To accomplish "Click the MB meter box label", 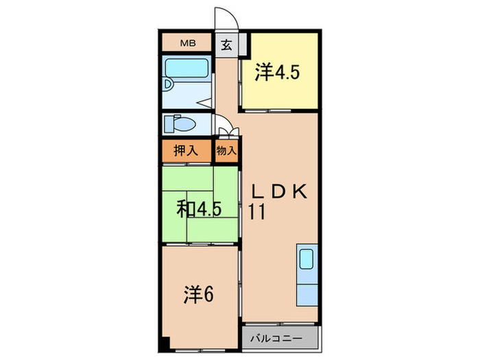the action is click(x=188, y=43).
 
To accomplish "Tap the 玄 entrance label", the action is click(x=226, y=45).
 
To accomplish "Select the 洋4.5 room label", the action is click(x=277, y=72).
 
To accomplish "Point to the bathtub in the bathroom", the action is click(x=187, y=68).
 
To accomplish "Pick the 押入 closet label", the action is click(x=186, y=151).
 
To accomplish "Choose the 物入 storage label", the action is click(x=226, y=151).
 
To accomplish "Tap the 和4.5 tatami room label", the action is click(x=199, y=209).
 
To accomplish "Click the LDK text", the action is click(x=279, y=192).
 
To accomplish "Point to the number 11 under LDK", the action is click(x=256, y=212).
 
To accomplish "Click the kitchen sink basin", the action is click(x=306, y=259).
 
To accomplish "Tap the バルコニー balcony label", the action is click(x=276, y=339).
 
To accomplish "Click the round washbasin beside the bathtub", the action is click(x=167, y=84).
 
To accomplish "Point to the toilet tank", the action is click(x=169, y=124).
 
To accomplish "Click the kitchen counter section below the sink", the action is click(x=307, y=294).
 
